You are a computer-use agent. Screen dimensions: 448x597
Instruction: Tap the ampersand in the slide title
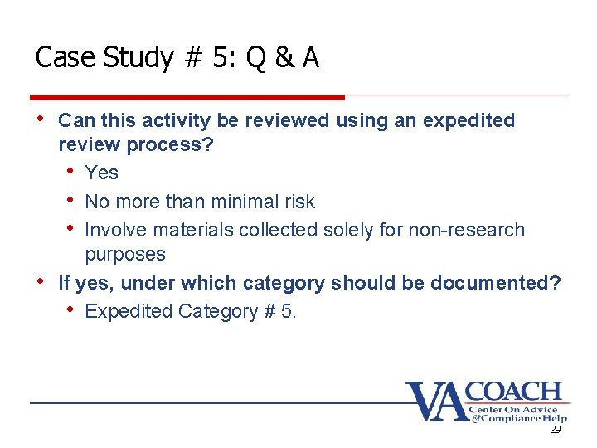click(x=284, y=58)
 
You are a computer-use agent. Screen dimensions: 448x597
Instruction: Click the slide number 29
click(x=556, y=431)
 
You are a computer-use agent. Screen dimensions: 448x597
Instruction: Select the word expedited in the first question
click(x=468, y=121)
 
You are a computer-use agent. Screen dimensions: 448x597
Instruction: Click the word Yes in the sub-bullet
click(x=101, y=173)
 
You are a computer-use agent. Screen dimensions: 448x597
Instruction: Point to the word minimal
click(x=239, y=202)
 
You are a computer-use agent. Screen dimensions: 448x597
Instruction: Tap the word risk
click(x=298, y=202)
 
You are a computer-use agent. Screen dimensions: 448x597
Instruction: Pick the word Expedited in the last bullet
click(x=125, y=312)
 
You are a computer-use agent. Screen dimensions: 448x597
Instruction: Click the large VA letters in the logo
click(x=434, y=401)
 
